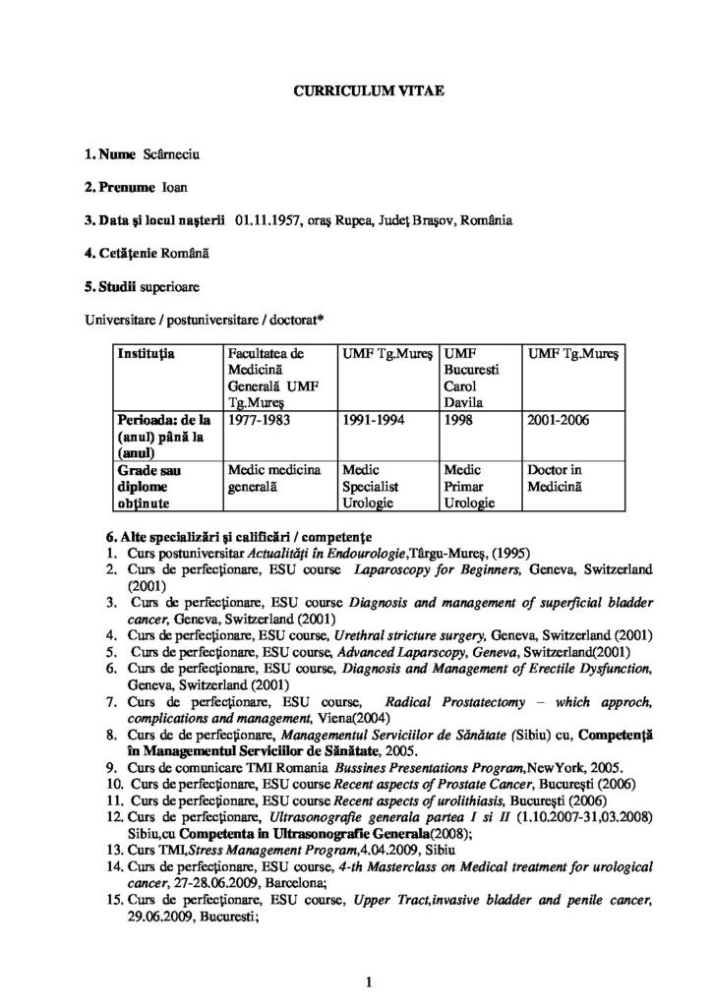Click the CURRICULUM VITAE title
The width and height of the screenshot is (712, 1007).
click(356, 90)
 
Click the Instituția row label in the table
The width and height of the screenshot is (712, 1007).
click(146, 351)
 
